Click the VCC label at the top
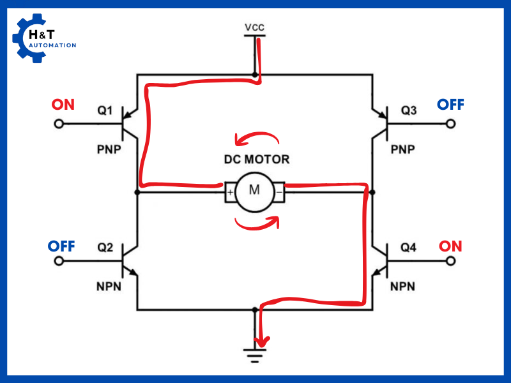(254, 27)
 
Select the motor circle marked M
(255, 190)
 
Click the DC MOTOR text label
(256, 160)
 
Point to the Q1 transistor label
(105, 111)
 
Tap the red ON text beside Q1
(63, 105)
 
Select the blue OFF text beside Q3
(450, 105)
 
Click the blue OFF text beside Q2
(62, 246)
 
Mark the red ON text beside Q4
(450, 246)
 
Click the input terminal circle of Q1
(59, 124)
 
